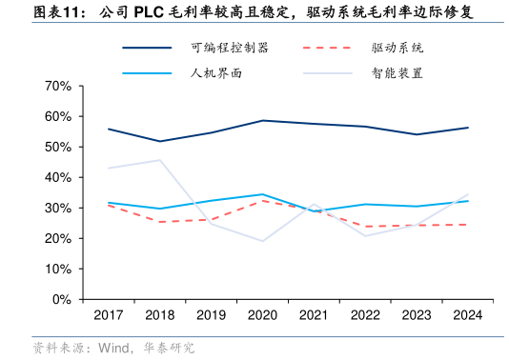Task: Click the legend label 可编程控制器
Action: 229,47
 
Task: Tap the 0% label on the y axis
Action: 61,299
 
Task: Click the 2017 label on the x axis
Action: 108,314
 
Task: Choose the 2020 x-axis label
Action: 262,314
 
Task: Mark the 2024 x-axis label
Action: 468,314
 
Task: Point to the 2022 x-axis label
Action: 365,314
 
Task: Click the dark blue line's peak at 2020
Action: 262,121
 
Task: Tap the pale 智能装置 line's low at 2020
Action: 262,241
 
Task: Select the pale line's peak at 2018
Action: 159,160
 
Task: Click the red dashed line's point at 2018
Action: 159,222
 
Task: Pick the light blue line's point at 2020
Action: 262,194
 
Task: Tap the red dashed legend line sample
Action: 326,47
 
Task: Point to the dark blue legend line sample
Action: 147,47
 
